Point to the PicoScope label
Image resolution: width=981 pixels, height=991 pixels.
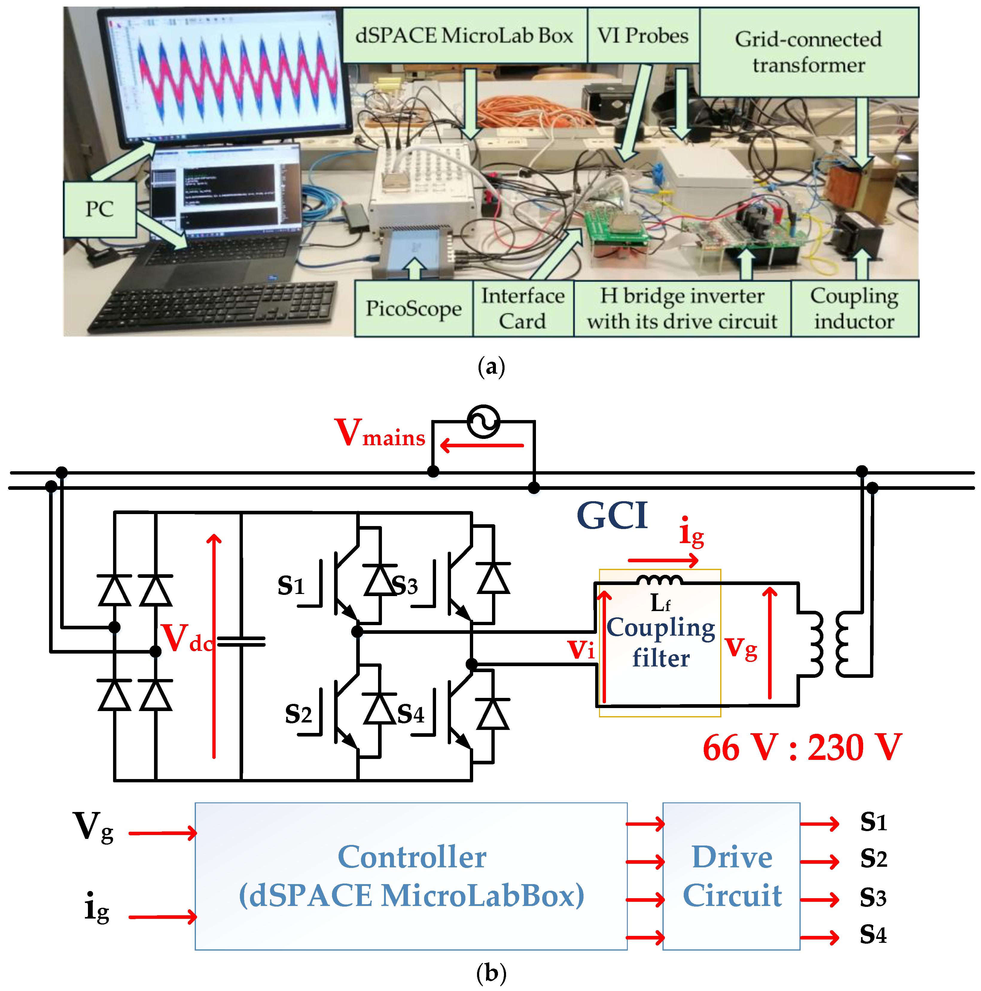[413, 308]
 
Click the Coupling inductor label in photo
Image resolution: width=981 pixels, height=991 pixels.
[854, 308]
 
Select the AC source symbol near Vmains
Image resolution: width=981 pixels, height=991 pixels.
[483, 422]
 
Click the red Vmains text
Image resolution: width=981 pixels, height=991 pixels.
[379, 434]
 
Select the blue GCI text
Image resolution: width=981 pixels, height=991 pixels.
[613, 516]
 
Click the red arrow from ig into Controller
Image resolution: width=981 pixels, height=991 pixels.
[162, 917]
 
